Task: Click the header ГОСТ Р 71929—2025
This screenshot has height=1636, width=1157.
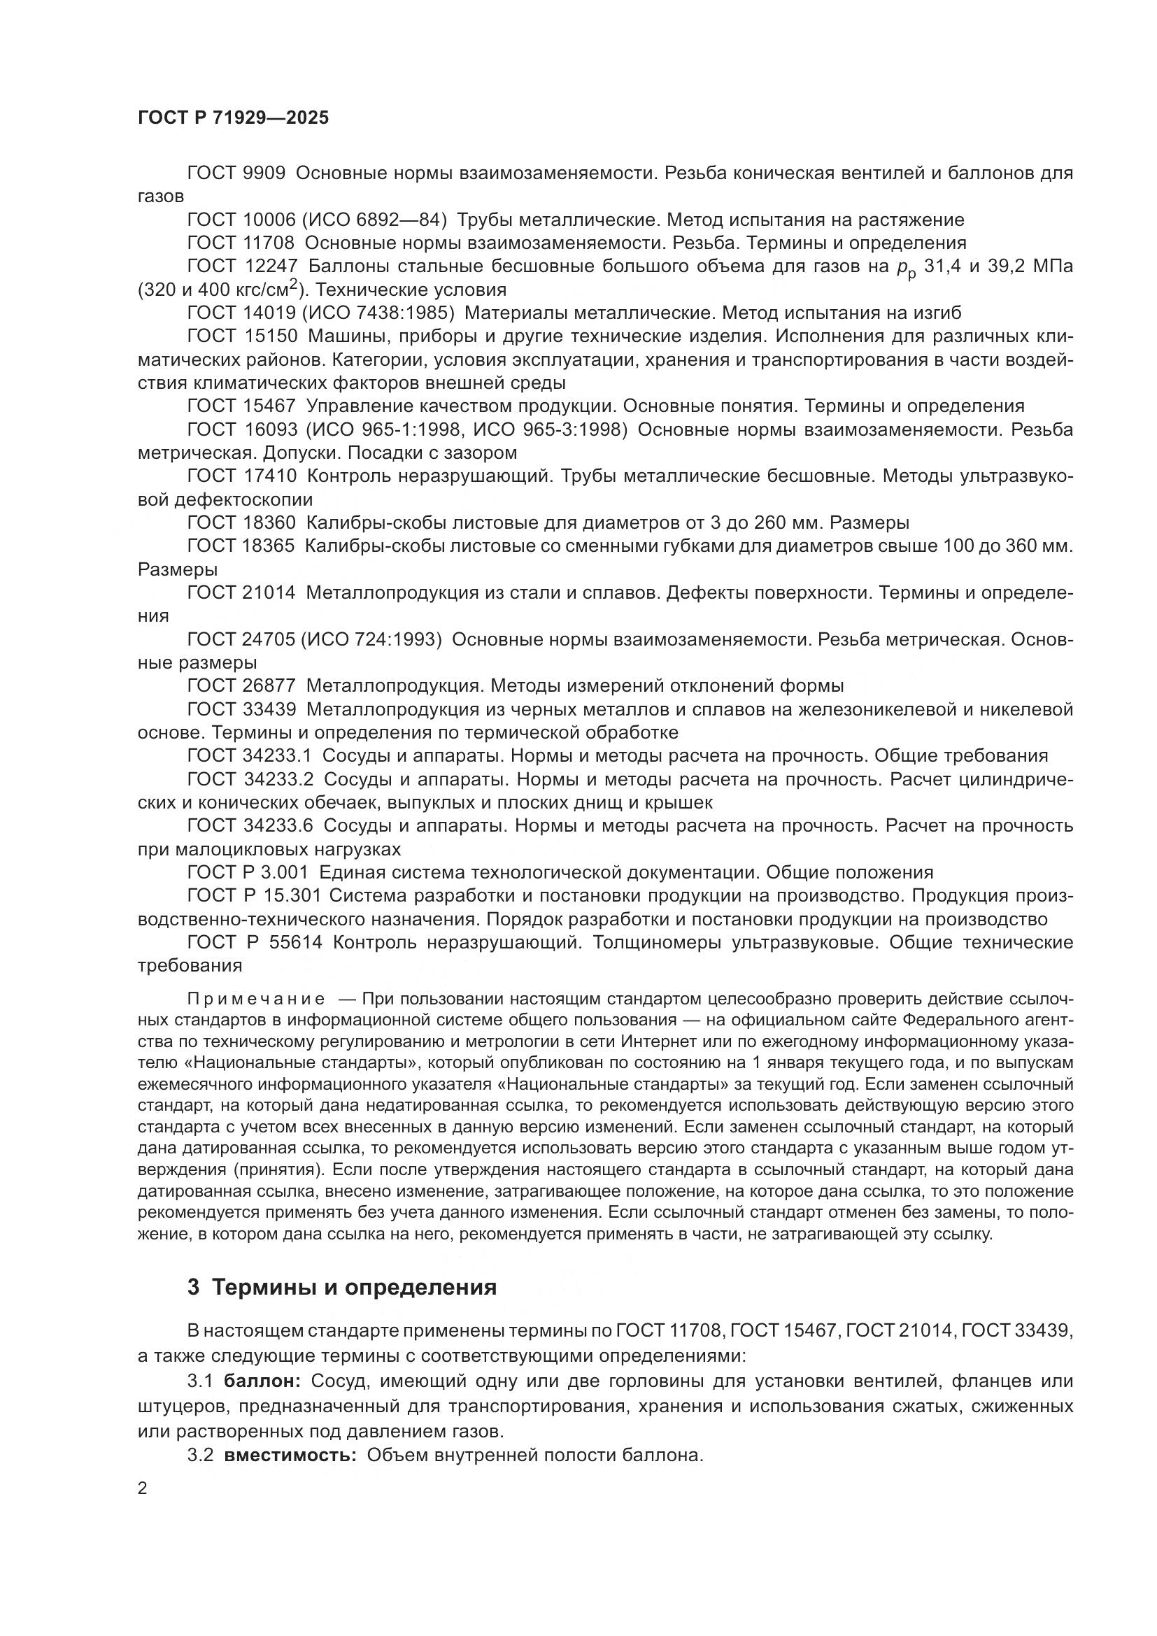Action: click(x=233, y=118)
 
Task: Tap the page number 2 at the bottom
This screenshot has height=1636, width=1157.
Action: click(x=143, y=1488)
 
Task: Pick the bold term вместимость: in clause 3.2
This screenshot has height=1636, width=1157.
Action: click(x=290, y=1455)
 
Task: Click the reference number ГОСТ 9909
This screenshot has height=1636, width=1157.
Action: click(x=236, y=173)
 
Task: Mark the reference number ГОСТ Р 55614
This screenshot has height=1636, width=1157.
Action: click(x=255, y=943)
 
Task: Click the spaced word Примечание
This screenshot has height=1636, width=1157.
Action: click(x=256, y=999)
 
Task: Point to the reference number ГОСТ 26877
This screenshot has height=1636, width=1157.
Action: click(x=241, y=686)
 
